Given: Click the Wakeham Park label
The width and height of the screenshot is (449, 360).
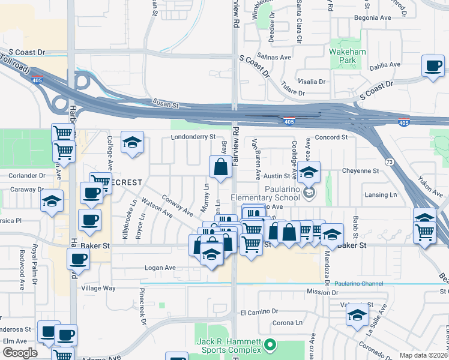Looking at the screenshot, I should pos(348,56).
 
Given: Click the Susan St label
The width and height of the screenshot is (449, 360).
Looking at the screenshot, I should pos(166,104).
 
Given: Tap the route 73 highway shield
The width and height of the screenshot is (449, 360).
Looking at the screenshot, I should pos(390,161).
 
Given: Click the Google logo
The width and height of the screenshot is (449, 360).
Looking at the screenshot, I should pos(20,353).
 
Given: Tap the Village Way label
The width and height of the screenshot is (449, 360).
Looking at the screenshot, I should pos(98,288).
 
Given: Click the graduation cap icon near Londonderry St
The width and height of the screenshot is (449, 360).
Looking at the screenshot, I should pos(132,142).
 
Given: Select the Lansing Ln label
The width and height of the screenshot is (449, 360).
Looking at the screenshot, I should pos(381,195).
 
